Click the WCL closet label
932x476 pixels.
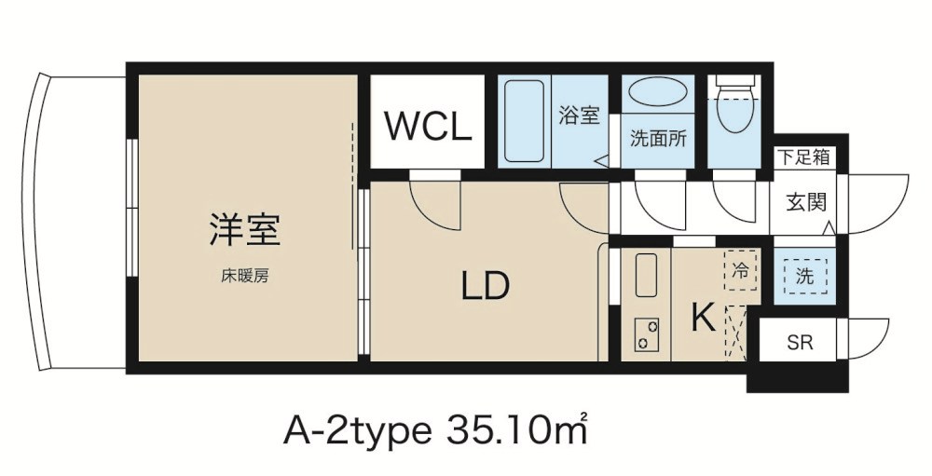pos(428,127)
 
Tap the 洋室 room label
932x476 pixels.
pos(245,229)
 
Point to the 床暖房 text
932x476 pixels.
pos(245,277)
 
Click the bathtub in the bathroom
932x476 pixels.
pos(524,121)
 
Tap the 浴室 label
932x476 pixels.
pos(578,116)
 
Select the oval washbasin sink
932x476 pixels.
pos(657,94)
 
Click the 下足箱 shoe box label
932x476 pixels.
pos(802,157)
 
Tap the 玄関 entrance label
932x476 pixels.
pos(802,201)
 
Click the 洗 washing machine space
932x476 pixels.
pos(803,276)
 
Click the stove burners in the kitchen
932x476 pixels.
pos(646,334)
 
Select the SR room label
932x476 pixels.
pos(799,343)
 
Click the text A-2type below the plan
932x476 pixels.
pos(356,431)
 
